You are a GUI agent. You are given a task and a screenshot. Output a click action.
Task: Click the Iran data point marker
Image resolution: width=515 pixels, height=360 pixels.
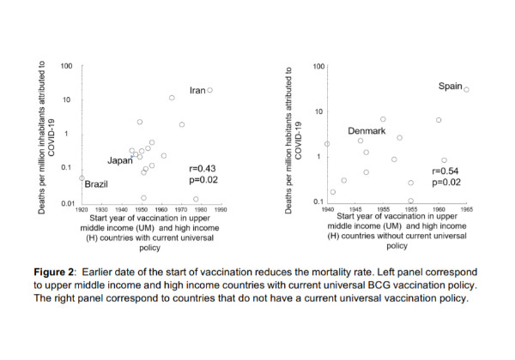[209, 90]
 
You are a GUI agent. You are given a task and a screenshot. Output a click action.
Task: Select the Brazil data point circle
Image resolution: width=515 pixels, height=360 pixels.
[82, 178]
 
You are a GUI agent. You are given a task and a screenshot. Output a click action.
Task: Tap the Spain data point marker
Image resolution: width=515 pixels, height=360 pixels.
[467, 89]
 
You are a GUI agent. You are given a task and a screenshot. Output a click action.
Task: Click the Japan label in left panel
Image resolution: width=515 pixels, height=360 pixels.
[119, 160]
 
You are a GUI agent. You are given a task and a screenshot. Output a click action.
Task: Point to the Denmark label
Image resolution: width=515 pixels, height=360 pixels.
[366, 131]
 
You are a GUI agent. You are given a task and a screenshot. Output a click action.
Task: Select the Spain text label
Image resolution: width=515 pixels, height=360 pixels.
[451, 87]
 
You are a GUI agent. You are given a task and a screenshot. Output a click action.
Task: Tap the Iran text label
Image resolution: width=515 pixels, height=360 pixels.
[197, 91]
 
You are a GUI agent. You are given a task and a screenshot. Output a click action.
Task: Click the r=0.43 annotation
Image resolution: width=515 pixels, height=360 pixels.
[203, 171]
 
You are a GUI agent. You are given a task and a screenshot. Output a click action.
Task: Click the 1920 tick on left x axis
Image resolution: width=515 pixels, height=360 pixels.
[82, 209]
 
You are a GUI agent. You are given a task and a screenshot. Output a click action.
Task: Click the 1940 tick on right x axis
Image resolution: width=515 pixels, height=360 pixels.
[327, 209]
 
